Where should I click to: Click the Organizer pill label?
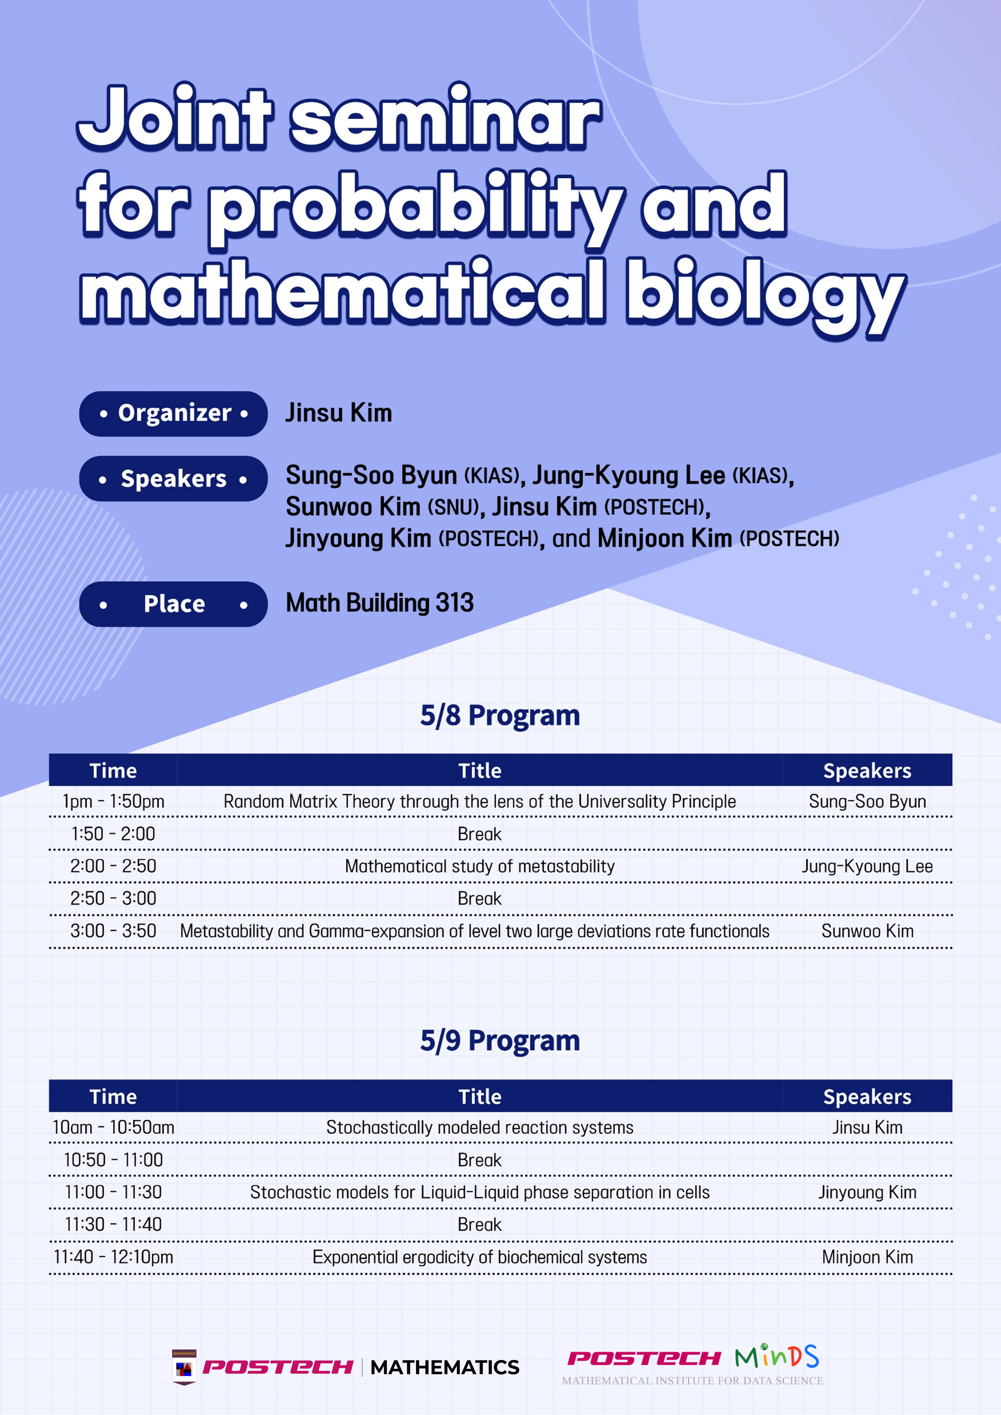pos(173,413)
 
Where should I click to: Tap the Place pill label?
pos(173,604)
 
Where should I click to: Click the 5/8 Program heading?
pos(500,715)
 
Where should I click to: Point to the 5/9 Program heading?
pos(500,1041)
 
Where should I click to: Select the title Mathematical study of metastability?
pos(479,866)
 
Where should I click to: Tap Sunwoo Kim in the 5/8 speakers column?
pos(867,931)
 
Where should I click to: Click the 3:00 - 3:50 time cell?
pos(113,931)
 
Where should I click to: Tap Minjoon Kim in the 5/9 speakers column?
pos(867,1257)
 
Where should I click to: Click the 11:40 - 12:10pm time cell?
pos(113,1257)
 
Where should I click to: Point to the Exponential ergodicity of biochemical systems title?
pos(479,1257)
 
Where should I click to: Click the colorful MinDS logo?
pos(777,1357)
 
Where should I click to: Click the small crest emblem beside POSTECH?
pos(184,1367)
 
